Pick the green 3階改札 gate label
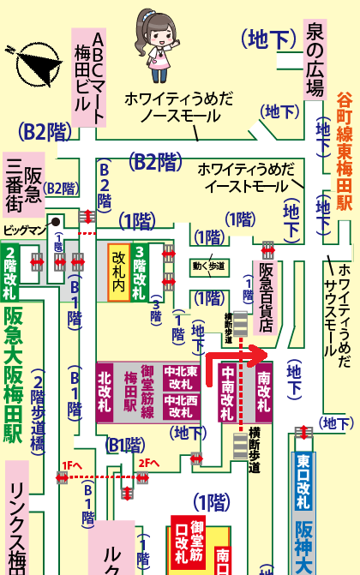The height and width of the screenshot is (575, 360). (140, 273)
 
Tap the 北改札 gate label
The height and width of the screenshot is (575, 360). (105, 391)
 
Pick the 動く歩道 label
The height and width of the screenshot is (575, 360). (208, 266)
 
